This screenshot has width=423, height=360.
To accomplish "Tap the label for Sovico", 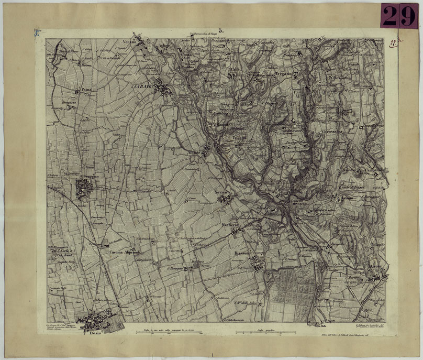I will (x=222, y=193).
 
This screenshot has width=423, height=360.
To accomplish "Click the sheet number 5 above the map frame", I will (x=221, y=32).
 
